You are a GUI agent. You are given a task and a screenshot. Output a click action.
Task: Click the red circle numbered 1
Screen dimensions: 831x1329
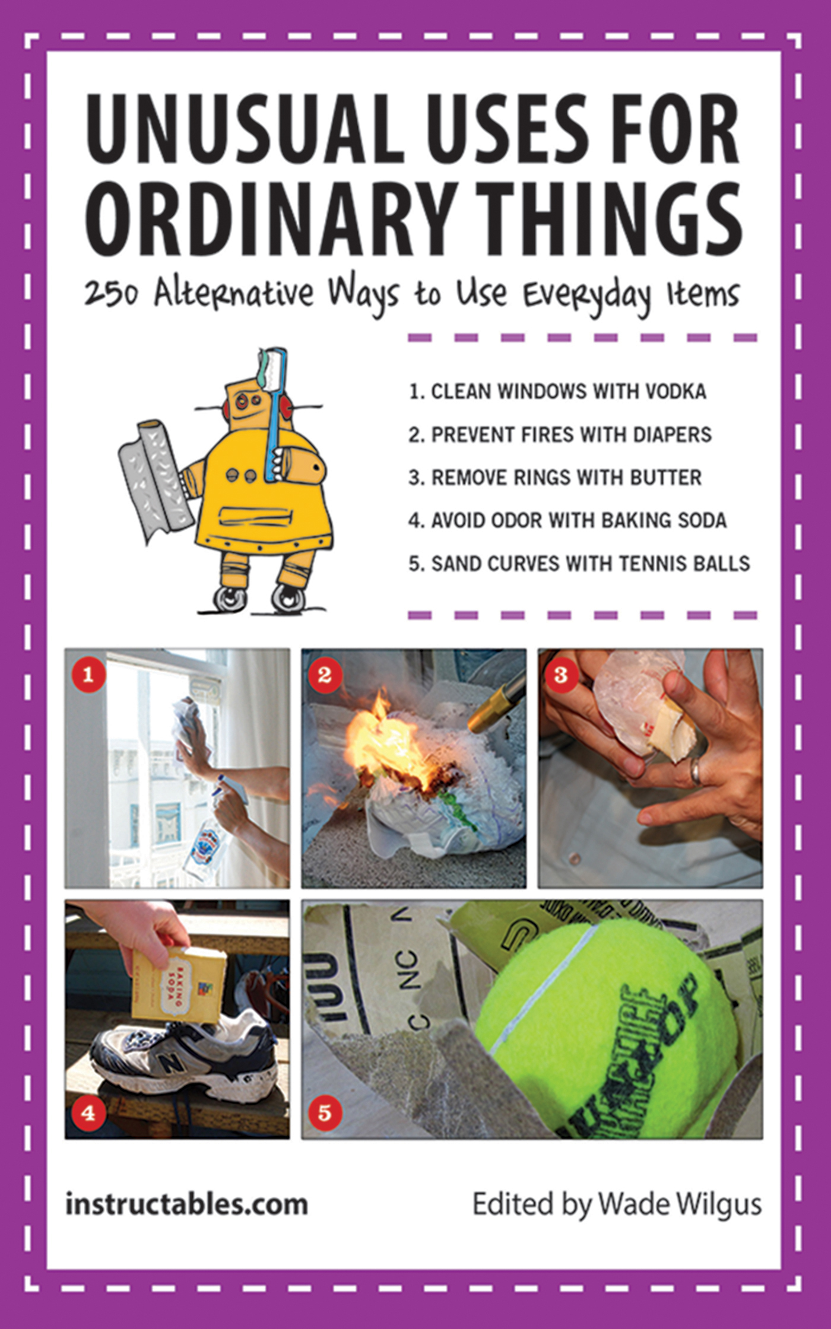(88, 675)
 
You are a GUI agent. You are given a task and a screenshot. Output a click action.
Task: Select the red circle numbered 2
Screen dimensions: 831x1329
(325, 675)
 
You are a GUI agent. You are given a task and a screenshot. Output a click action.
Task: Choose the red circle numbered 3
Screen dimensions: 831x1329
(561, 675)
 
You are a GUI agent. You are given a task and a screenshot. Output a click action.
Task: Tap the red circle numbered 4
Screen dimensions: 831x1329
(88, 1112)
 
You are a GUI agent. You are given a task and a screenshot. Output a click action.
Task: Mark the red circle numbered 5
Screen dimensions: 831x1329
(325, 1112)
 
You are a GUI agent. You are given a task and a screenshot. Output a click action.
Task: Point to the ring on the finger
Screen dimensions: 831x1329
(694, 771)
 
